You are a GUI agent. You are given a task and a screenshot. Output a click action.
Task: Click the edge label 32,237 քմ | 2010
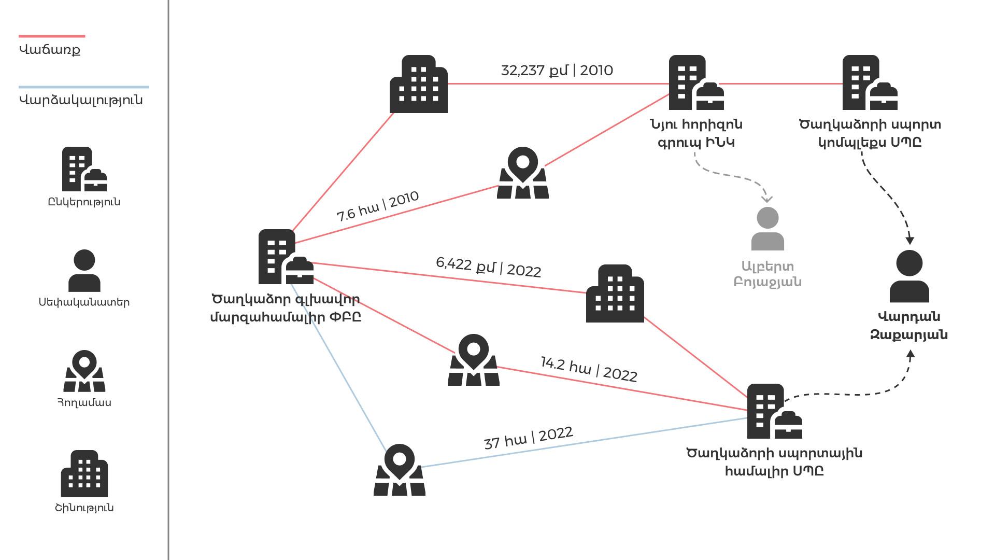tap(557, 71)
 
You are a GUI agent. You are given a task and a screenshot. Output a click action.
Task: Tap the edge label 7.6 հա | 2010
tap(378, 206)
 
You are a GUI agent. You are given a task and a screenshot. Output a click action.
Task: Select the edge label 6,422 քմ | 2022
tap(489, 267)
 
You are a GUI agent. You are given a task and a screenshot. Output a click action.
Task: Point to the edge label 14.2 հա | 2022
tap(589, 369)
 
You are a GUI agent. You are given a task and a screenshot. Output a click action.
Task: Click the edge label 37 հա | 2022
tap(529, 438)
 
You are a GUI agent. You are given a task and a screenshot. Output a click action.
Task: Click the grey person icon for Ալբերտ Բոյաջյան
tap(767, 229)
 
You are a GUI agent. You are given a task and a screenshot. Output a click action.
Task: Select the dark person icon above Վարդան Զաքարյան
tap(909, 276)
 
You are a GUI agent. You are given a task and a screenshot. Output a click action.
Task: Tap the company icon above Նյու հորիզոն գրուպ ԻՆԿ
tap(696, 82)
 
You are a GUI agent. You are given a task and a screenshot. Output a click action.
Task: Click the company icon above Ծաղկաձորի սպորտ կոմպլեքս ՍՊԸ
tap(870, 82)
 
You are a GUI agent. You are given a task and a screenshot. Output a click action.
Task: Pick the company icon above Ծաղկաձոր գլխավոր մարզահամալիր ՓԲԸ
tap(286, 257)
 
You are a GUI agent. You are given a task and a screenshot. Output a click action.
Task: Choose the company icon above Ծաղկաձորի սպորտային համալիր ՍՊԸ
tap(775, 411)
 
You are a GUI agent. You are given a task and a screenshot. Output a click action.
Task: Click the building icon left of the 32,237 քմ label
tap(419, 84)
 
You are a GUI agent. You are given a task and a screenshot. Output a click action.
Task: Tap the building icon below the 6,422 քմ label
tap(615, 293)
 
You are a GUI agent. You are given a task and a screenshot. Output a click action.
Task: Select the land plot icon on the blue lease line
tap(400, 469)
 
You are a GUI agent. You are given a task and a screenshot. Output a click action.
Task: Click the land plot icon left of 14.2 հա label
tap(474, 360)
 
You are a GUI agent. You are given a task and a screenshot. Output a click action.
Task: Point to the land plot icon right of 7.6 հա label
tap(523, 173)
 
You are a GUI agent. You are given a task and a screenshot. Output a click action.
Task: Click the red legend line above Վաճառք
tap(52, 36)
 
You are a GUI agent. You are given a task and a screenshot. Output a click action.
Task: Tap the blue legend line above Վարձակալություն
tap(84, 87)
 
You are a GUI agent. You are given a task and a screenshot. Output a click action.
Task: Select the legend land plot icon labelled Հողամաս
tap(84, 371)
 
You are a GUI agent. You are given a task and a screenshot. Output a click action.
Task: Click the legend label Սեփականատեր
tap(84, 302)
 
